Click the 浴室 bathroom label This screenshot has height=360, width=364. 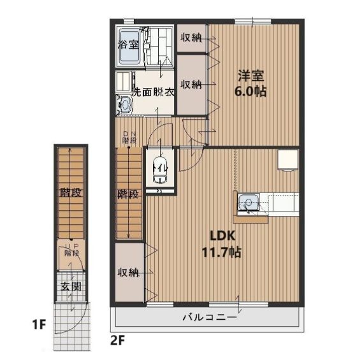128,45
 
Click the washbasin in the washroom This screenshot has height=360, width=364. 125,104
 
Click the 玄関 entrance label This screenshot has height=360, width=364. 71,287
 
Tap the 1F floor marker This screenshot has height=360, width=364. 39,325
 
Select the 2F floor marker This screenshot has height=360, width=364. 118,338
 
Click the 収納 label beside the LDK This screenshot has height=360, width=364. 128,272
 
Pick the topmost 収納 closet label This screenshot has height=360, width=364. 191,38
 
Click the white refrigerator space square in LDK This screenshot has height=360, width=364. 288,160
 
